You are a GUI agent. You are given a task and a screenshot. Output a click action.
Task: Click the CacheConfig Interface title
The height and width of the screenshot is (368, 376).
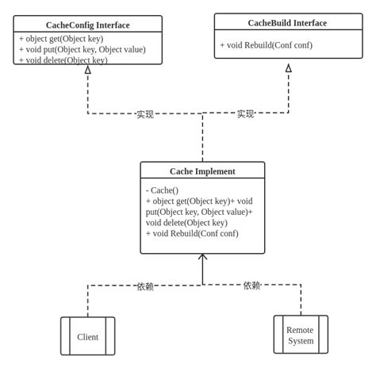click(x=87, y=25)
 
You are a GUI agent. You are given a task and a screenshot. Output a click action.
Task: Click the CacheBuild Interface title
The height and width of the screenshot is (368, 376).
click(x=287, y=23)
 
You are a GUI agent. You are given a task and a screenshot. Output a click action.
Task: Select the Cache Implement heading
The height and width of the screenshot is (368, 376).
click(x=202, y=171)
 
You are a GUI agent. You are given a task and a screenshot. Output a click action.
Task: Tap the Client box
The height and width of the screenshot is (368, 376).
click(x=87, y=336)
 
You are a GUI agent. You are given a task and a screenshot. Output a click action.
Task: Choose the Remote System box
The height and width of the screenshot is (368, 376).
click(x=301, y=335)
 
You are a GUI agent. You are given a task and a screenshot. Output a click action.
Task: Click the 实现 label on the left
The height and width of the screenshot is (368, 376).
click(x=145, y=114)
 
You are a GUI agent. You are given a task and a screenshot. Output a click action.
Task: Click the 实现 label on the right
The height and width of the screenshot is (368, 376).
click(x=246, y=114)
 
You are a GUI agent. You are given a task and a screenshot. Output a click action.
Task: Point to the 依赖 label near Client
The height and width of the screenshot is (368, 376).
click(x=145, y=286)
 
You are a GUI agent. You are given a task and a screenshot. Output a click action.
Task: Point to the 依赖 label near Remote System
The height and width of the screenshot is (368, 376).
click(x=252, y=286)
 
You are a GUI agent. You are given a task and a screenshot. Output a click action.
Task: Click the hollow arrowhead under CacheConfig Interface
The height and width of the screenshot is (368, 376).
click(x=88, y=70)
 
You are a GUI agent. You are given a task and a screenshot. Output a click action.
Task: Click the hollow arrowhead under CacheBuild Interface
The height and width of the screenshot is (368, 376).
click(x=289, y=68)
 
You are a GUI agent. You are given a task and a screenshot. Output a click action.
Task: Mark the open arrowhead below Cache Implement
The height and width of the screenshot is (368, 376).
click(x=203, y=257)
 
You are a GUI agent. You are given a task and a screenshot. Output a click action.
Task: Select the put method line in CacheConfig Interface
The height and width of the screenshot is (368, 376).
click(x=93, y=49)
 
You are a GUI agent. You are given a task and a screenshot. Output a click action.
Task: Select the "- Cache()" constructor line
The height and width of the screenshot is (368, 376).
click(x=163, y=190)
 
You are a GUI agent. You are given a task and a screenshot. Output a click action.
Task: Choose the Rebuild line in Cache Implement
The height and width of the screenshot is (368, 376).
click(x=192, y=233)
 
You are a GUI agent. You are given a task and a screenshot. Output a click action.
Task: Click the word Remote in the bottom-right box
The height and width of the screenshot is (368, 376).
click(x=301, y=329)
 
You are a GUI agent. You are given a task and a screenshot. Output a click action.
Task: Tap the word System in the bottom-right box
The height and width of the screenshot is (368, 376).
click(x=301, y=341)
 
